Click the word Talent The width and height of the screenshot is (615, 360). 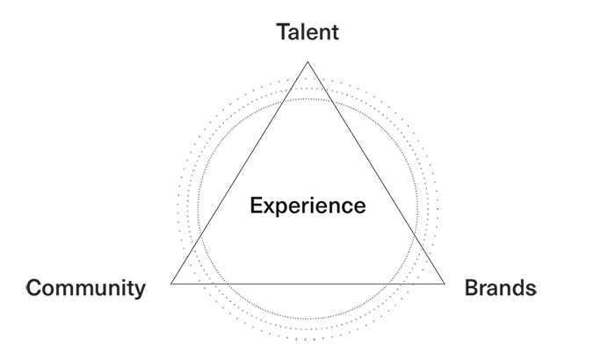coord(307,32)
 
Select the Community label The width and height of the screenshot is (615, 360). coord(86,287)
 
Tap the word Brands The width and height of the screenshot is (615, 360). coord(499,287)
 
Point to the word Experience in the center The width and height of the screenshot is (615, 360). coord(307,206)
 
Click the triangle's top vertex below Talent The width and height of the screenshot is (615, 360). coord(307,61)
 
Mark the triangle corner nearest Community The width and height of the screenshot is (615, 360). coord(171,284)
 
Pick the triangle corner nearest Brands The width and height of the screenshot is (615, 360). coord(445,284)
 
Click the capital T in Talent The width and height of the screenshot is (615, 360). coord(283,32)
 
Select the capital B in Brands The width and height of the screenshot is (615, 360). coord(470,287)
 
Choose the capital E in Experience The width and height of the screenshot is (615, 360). coord(256,206)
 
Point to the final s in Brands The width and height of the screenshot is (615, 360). coord(530,289)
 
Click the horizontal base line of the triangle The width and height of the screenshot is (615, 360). coord(307,284)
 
